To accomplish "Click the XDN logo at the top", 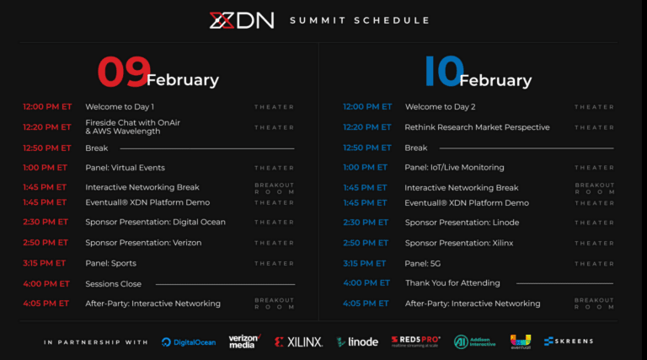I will pyautogui.click(x=242, y=20).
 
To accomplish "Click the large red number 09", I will pyautogui.click(x=124, y=73).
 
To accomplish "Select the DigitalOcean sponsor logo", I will pyautogui.click(x=189, y=341).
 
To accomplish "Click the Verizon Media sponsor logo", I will pyautogui.click(x=244, y=341).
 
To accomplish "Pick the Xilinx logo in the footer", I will pyautogui.click(x=298, y=341).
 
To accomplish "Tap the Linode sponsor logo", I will pyautogui.click(x=357, y=341).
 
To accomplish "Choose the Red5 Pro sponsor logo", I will pyautogui.click(x=416, y=341).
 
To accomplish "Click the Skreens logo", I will pyautogui.click(x=569, y=341).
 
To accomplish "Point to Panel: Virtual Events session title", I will pyautogui.click(x=125, y=168).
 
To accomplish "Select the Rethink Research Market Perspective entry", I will pyautogui.click(x=477, y=127).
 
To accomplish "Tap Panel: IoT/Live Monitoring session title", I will pyautogui.click(x=454, y=168).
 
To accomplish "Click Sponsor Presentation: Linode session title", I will pyautogui.click(x=462, y=223).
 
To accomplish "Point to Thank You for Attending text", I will pyautogui.click(x=452, y=283).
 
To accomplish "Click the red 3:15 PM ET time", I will pyautogui.click(x=45, y=263).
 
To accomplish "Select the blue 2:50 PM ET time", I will pyautogui.click(x=366, y=243).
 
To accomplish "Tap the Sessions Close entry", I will pyautogui.click(x=113, y=284).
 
